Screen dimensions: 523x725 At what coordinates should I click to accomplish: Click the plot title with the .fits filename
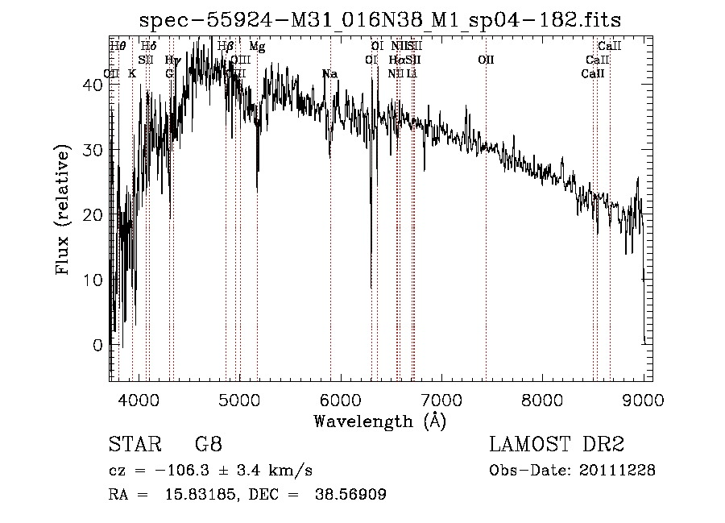point(379,19)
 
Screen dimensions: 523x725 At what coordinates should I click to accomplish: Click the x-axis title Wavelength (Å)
point(379,421)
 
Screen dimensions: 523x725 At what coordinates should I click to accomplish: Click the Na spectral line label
point(329,74)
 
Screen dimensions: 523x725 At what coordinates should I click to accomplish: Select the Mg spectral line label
point(257,47)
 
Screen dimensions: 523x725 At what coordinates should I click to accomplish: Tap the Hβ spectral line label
point(226,47)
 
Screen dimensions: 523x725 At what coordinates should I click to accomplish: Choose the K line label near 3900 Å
point(132,74)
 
